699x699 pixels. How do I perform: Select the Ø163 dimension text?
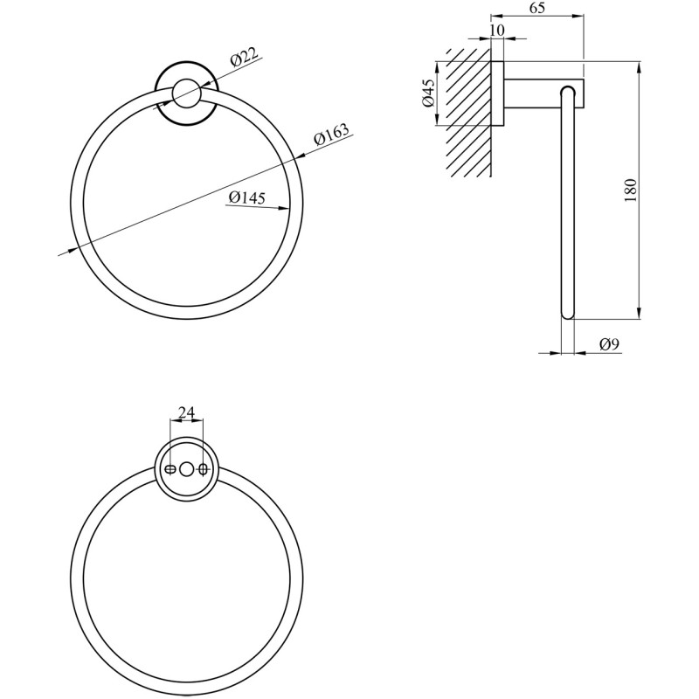tap(332, 135)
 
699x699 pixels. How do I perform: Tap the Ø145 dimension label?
tap(246, 197)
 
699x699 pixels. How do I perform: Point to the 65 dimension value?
tap(536, 8)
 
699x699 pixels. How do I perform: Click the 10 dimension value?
tap(497, 30)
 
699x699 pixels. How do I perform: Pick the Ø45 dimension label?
tap(427, 93)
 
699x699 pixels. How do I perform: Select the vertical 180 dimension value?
tap(629, 190)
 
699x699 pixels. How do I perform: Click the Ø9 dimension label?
tap(609, 344)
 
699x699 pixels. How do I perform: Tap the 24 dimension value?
tap(186, 412)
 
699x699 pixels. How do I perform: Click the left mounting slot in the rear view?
tap(170, 469)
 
